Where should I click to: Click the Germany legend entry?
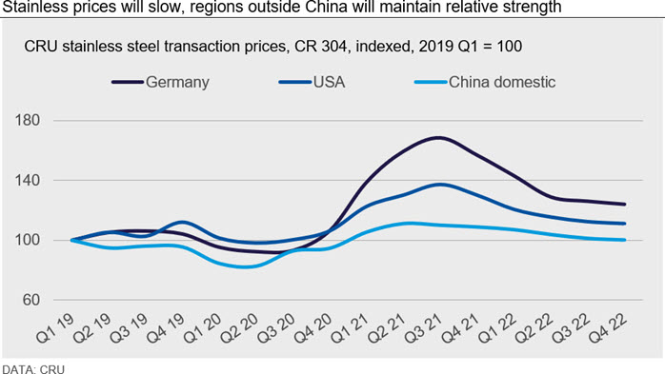(x=161, y=82)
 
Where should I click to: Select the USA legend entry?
(x=312, y=82)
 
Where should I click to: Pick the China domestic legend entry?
(x=485, y=82)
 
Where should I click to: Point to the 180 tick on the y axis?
(x=28, y=120)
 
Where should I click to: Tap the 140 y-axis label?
(x=28, y=181)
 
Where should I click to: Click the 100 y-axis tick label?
(x=28, y=240)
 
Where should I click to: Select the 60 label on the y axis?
(x=30, y=300)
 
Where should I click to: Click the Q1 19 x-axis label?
(x=55, y=328)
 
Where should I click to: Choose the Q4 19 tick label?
(x=166, y=328)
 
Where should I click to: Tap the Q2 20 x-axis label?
(x=240, y=328)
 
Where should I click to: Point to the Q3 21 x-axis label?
(x=424, y=328)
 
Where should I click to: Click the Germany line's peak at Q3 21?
(x=439, y=138)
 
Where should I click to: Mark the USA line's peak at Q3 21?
(x=441, y=185)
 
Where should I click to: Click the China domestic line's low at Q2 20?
(x=246, y=266)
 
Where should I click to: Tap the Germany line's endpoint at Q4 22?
(x=624, y=205)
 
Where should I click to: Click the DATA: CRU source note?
(x=33, y=369)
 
